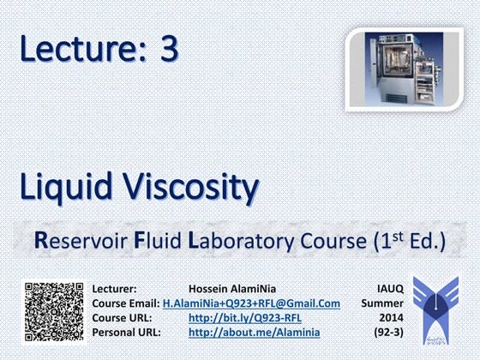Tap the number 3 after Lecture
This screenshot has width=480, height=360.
click(169, 51)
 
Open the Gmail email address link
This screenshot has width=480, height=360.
click(251, 304)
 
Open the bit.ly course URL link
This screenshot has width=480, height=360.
click(244, 319)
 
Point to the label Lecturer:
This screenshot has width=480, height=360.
click(114, 290)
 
